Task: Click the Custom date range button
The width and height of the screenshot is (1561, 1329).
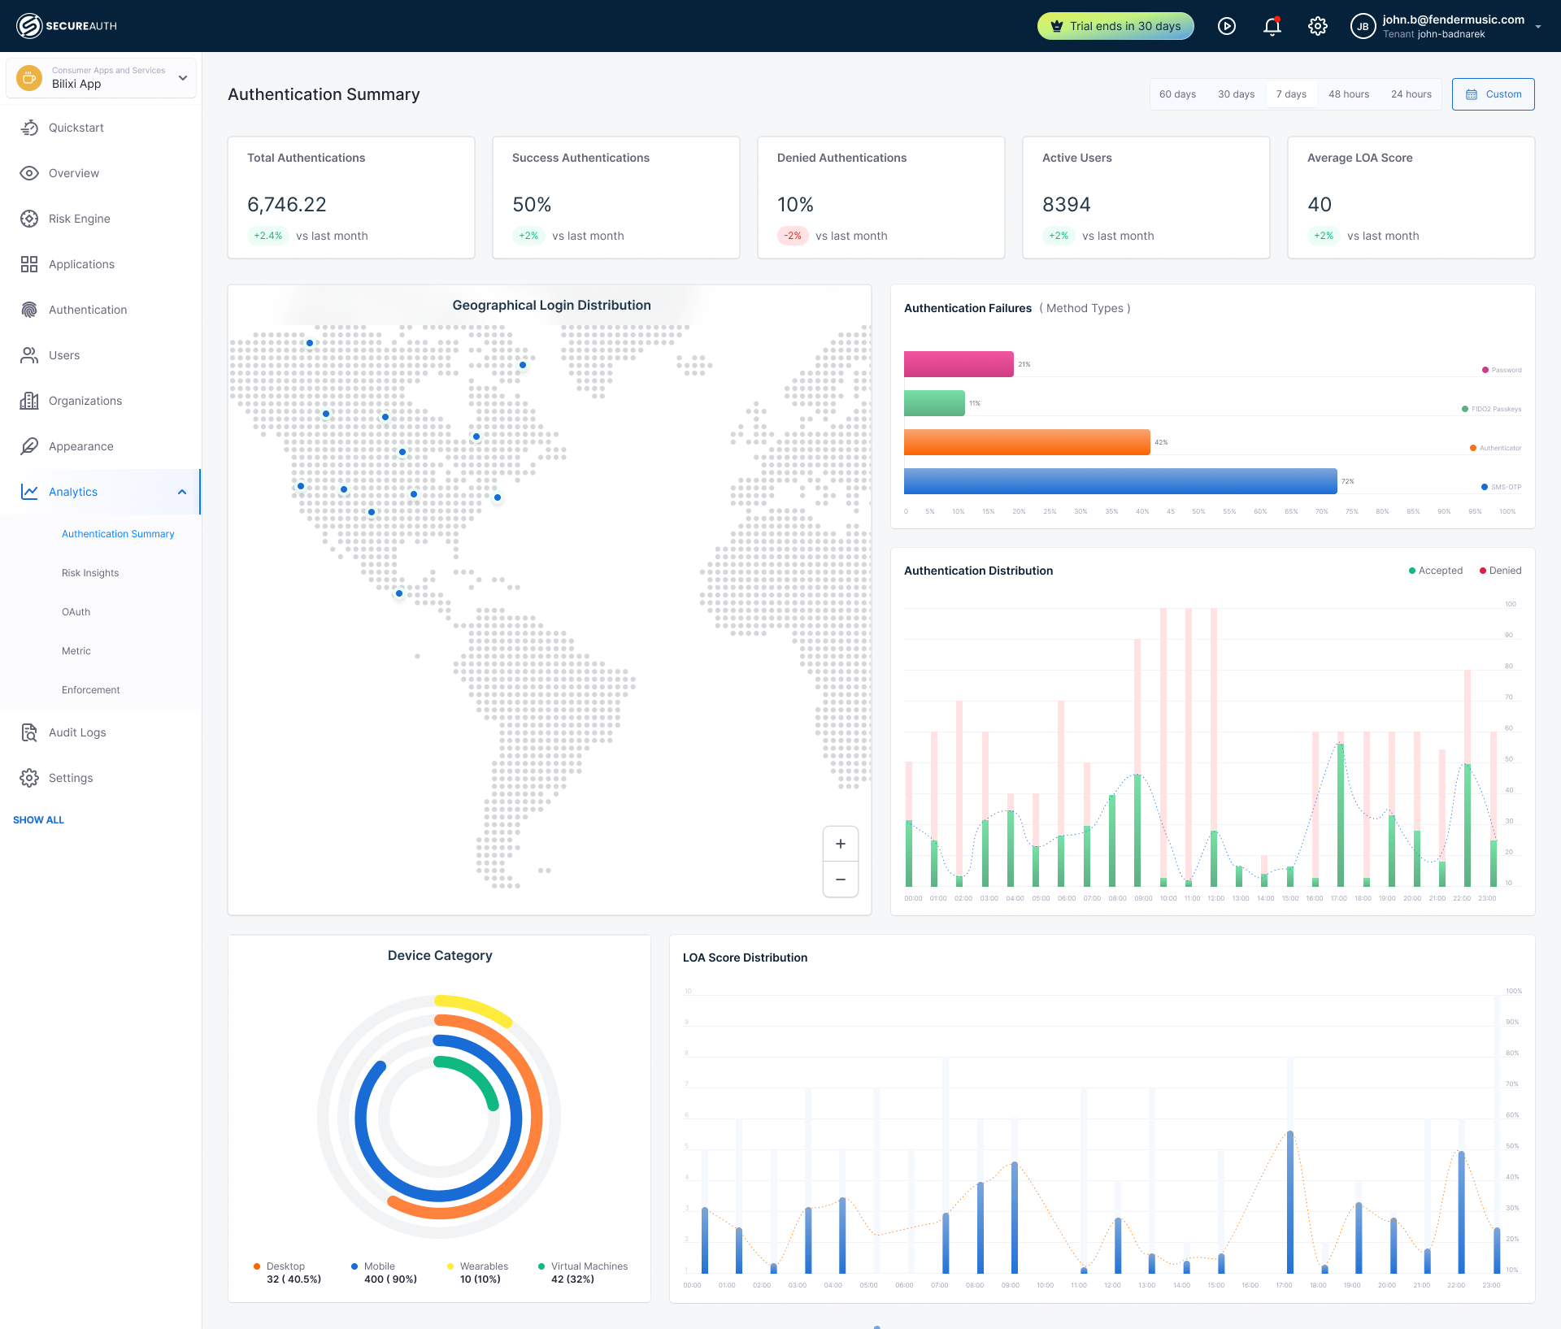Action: point(1493,94)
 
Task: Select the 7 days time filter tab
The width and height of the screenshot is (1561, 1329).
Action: point(1291,94)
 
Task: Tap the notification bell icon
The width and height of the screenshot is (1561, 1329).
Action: point(1272,26)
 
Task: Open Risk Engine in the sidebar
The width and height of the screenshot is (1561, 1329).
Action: point(79,219)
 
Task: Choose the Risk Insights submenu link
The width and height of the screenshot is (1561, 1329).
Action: point(90,573)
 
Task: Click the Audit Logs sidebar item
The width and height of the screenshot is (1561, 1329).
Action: point(77,732)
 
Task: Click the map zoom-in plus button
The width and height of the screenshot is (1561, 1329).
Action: point(841,844)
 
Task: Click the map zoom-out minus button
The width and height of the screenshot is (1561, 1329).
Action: point(841,879)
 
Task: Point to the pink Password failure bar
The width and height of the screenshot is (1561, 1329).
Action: point(959,364)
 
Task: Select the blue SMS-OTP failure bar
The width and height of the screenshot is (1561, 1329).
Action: point(1120,481)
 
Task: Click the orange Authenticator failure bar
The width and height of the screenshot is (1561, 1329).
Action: point(1026,442)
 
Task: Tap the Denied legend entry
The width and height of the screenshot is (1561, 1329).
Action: point(1501,571)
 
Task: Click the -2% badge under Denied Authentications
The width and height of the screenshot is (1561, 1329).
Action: point(793,236)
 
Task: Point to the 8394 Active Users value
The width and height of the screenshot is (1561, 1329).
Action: point(1066,205)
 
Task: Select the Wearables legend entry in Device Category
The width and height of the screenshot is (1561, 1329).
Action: point(483,1266)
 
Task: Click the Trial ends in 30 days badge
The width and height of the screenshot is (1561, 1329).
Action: point(1115,26)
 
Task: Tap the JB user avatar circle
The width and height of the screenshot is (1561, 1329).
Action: point(1363,26)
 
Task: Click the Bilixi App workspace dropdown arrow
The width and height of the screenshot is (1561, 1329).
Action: point(183,78)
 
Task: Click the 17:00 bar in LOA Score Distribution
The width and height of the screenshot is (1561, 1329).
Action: point(1290,1203)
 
